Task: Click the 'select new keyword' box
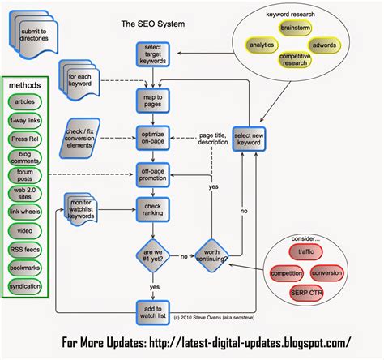tap(250, 139)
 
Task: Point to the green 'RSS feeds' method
tap(26, 251)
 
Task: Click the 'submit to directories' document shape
tap(36, 36)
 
